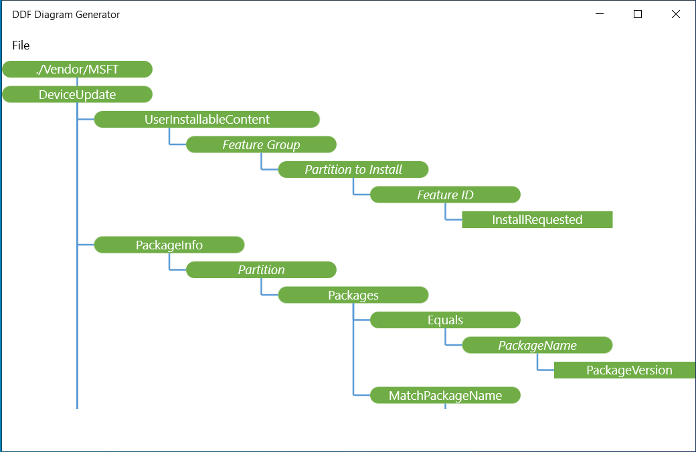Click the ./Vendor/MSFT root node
[77, 69]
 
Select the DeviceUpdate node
[77, 94]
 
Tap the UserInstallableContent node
[207, 119]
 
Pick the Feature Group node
[261, 144]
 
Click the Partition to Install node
[353, 169]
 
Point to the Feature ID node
[445, 195]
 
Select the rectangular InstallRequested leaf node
[537, 219]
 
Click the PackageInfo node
[169, 245]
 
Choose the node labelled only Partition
[261, 269]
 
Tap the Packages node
[353, 295]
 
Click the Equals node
[445, 320]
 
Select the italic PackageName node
[537, 345]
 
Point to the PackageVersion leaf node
[625, 370]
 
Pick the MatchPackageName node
[445, 395]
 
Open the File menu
[21, 45]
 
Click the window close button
[675, 14]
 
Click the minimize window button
[600, 14]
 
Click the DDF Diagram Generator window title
[66, 15]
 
